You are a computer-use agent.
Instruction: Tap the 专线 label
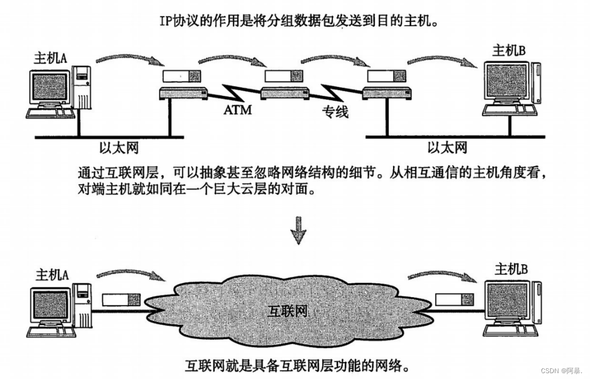click(x=334, y=112)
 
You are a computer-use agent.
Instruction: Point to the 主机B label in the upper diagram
click(x=509, y=51)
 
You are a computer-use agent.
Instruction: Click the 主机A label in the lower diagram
click(x=52, y=275)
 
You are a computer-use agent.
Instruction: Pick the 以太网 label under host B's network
click(x=447, y=146)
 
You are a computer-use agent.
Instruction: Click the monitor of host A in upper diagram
click(x=50, y=87)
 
